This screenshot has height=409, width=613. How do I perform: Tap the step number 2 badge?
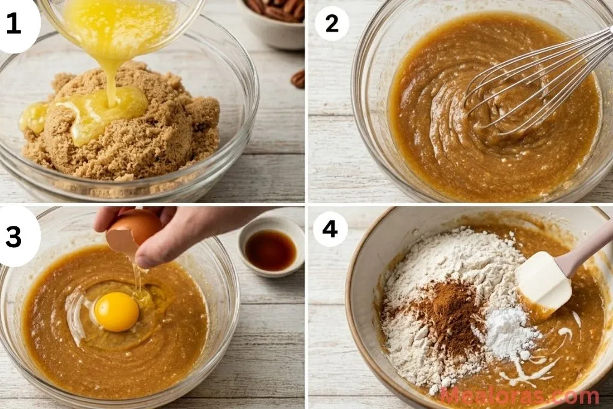[x=332, y=23]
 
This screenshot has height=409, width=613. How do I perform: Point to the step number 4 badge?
[x=330, y=229]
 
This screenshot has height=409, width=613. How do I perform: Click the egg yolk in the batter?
[x=116, y=311]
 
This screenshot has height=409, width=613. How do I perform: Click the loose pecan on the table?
[x=298, y=78]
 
